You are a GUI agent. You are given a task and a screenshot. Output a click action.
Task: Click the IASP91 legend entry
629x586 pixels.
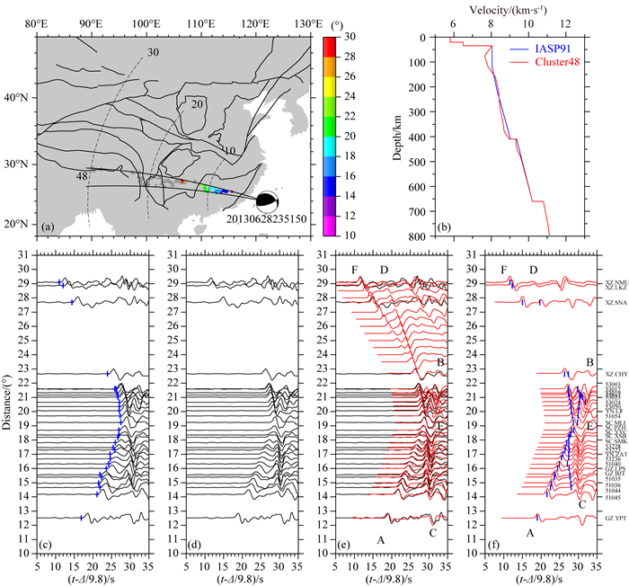coord(558,47)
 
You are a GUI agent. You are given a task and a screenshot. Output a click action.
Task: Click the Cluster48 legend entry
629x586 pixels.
coord(563,60)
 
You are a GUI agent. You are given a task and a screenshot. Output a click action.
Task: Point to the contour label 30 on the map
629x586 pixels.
coord(154,53)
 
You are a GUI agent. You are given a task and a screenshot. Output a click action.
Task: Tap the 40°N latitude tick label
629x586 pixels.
coord(17,97)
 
